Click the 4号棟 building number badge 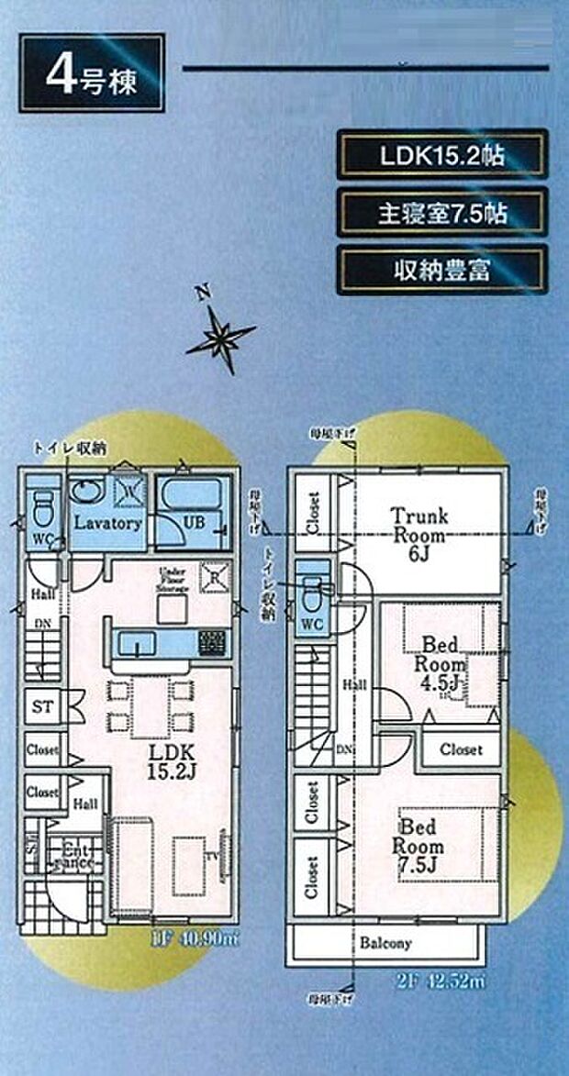(x=92, y=73)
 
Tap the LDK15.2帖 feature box (x=442, y=154)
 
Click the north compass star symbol (x=220, y=338)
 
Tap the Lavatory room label (x=106, y=524)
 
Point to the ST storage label (x=42, y=706)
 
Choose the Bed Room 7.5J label (x=418, y=846)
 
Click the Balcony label (x=385, y=943)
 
